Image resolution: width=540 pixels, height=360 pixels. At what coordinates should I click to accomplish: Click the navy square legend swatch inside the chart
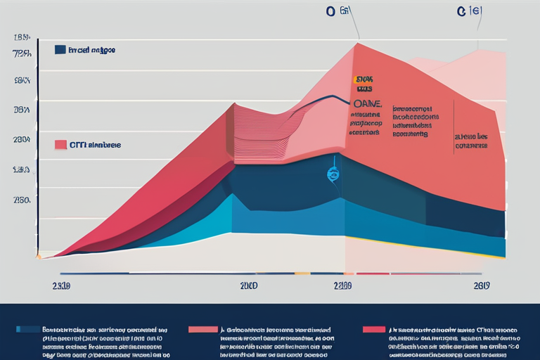point(60,50)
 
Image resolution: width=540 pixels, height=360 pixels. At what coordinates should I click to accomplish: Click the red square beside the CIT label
point(60,145)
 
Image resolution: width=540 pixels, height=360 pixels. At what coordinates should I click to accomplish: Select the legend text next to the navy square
point(91,51)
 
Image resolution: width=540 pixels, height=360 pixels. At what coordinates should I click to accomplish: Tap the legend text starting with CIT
point(95,145)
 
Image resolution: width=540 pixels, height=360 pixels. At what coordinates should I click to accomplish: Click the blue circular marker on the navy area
point(333,174)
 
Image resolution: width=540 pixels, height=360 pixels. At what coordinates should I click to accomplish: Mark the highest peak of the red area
point(356,44)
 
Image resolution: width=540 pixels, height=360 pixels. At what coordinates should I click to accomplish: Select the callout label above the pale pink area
point(468,11)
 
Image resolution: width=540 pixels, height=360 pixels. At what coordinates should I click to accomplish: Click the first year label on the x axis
point(60,286)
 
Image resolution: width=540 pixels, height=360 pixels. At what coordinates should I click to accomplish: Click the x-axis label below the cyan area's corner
point(248,286)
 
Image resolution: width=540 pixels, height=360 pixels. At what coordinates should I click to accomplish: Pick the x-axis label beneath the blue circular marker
point(342,286)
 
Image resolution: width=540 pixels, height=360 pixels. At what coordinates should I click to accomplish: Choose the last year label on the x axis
point(481,286)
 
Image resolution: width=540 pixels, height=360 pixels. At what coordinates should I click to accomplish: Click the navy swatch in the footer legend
point(27,328)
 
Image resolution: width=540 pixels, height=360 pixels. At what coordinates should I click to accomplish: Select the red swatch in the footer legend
point(373,328)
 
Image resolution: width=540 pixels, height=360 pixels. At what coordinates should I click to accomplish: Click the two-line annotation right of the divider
point(472,141)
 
